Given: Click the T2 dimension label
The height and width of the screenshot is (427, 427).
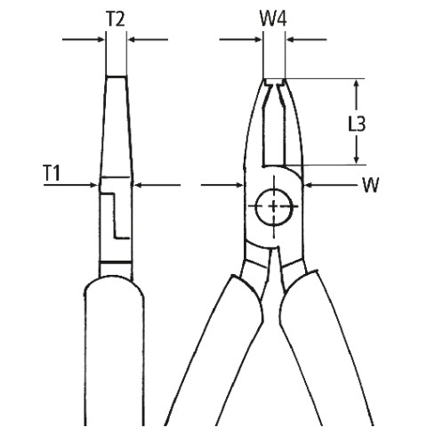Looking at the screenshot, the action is tap(116, 19).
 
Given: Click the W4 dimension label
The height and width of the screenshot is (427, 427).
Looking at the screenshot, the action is tap(273, 19).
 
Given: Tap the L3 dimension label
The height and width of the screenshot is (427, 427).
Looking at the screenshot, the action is tap(357, 124).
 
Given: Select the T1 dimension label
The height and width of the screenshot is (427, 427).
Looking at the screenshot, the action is tap(52, 173).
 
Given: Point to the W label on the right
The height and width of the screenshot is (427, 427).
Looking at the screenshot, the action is tap(371, 185).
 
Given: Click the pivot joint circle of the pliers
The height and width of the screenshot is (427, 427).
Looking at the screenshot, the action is tap(273, 206).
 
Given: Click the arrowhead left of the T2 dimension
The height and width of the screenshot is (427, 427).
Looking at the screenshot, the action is tap(101, 39).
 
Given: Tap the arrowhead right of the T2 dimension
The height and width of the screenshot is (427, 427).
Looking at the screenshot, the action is tap(131, 39).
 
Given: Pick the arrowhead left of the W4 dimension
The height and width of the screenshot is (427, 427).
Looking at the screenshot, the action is tap(259, 39).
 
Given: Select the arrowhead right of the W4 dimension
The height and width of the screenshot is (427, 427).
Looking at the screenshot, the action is tap(290, 39).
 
